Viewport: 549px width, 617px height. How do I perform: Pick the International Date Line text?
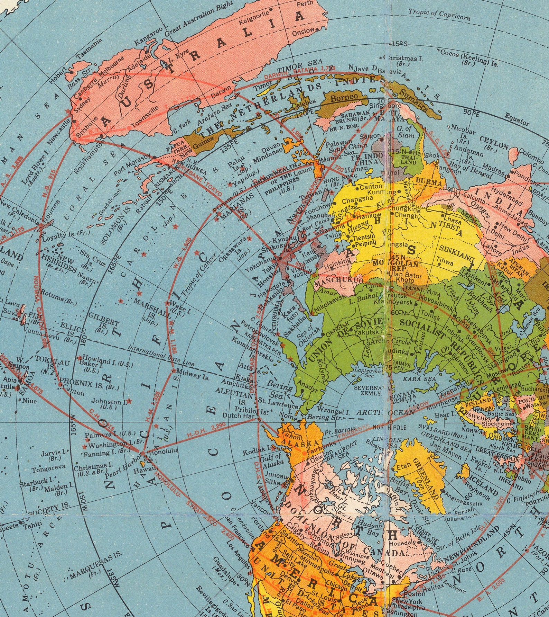coord(161,355)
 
